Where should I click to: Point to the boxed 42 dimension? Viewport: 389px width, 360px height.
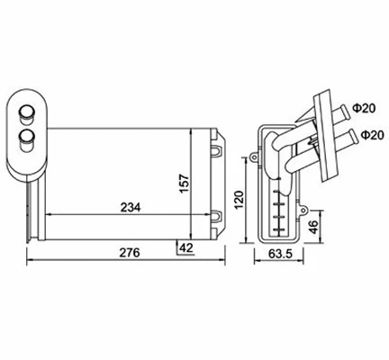(186, 247)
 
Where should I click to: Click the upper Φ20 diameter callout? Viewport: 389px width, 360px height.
(366, 108)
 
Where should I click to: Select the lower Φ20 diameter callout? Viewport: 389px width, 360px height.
(366, 135)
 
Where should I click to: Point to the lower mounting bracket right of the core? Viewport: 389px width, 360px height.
(217, 215)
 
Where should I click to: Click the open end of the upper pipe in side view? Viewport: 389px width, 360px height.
(346, 112)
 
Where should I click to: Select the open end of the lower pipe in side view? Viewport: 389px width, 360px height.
(346, 139)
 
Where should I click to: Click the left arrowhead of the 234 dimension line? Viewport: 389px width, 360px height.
(49, 215)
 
